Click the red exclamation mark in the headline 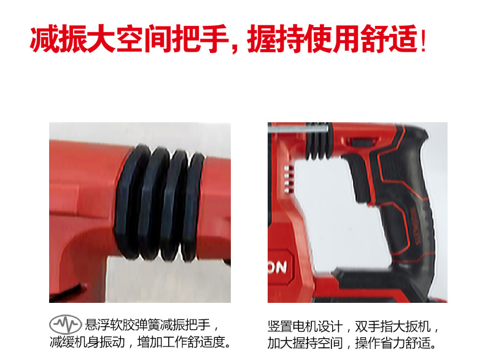(423, 39)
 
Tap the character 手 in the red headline (214, 39)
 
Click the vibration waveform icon (65, 324)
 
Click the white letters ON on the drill (277, 267)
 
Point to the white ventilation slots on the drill (288, 179)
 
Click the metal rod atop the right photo (298, 128)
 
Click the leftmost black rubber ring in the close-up (131, 202)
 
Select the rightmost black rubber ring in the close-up (193, 206)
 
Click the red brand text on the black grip (414, 226)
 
